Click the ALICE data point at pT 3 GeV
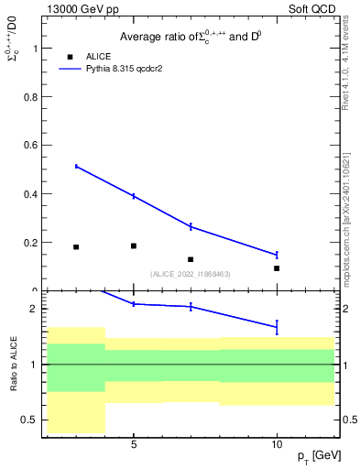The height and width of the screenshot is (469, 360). (76, 247)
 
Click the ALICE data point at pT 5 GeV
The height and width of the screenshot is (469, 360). (134, 245)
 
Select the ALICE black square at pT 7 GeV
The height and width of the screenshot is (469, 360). (191, 259)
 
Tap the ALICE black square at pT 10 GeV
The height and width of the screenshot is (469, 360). (277, 268)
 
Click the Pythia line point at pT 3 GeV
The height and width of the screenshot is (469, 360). (76, 166)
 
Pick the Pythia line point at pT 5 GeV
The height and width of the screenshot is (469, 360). (134, 196)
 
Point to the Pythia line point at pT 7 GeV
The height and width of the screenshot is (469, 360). (191, 226)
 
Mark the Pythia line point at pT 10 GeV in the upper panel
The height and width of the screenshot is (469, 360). (277, 255)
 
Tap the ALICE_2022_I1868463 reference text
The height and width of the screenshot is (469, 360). (190, 274)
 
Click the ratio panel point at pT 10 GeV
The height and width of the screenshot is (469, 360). (277, 326)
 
